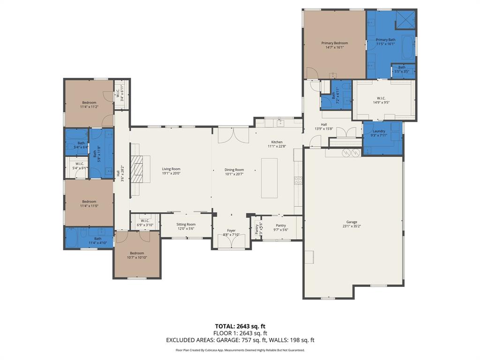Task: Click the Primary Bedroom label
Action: tap(334, 43)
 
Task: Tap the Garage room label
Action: tap(352, 222)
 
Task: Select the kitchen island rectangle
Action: tap(269, 178)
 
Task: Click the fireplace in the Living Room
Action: tap(136, 172)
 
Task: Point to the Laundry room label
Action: tap(379, 131)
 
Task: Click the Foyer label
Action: tap(232, 231)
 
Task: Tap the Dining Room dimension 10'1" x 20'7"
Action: tap(234, 174)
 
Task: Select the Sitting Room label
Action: tap(186, 225)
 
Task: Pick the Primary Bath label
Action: tap(385, 40)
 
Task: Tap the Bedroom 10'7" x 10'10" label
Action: tap(137, 253)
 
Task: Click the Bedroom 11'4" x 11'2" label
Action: tap(89, 103)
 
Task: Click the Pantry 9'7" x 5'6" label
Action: tap(281, 225)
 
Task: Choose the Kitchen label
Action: tap(277, 142)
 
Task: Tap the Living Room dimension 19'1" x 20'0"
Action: tap(171, 173)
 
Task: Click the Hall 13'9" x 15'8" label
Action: tap(324, 124)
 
